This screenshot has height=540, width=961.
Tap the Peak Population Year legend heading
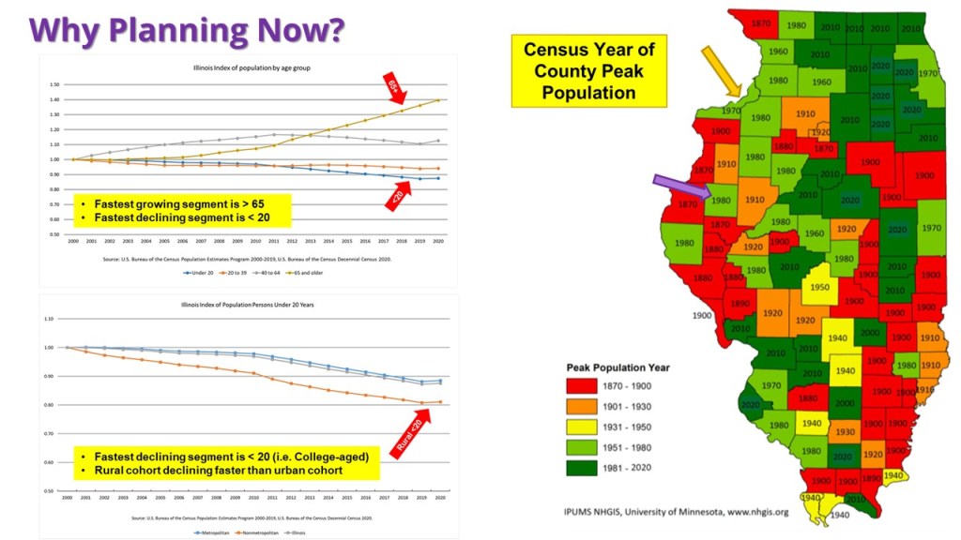(618, 367)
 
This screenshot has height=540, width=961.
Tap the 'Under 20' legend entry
(199, 273)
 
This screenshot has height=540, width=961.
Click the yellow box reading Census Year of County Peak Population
(588, 71)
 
